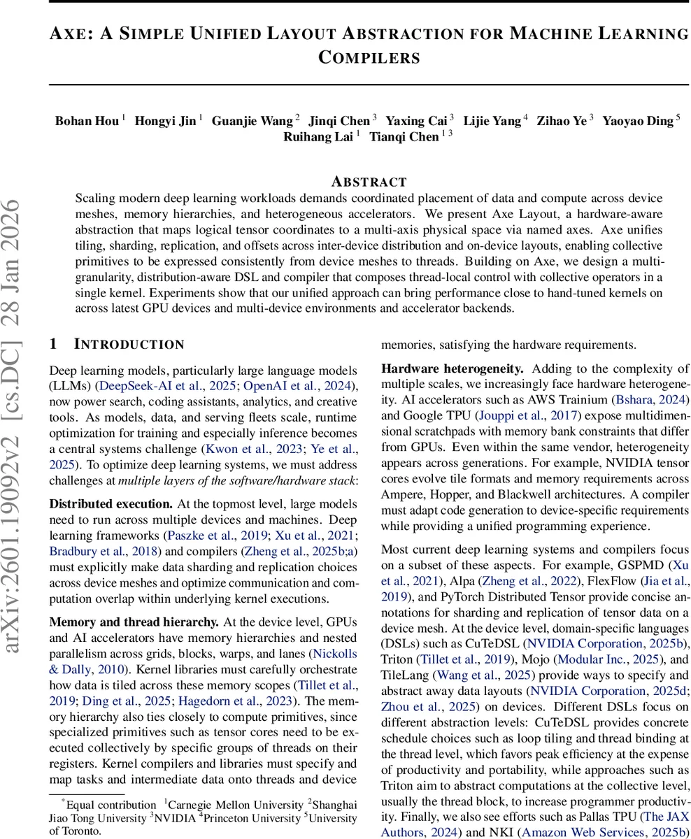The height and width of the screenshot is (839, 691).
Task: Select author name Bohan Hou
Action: (x=87, y=121)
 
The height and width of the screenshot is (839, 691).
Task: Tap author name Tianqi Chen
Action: (x=404, y=137)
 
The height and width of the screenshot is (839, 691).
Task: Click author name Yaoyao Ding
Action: (x=637, y=121)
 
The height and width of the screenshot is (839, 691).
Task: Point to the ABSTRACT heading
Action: (x=369, y=182)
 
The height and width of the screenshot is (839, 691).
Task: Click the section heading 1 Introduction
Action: (x=117, y=344)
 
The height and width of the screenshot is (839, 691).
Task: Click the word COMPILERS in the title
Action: (x=369, y=57)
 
